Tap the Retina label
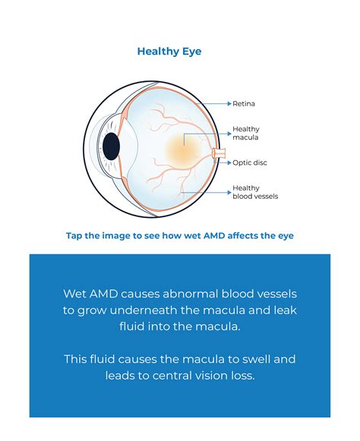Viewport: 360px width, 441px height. pyautogui.click(x=243, y=102)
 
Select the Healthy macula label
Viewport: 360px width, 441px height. pyautogui.click(x=246, y=134)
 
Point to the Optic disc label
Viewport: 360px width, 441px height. pyautogui.click(x=250, y=162)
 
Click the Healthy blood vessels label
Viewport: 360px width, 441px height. pyautogui.click(x=255, y=191)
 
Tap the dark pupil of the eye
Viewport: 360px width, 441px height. pyautogui.click(x=112, y=146)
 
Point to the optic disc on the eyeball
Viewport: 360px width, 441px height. pyautogui.click(x=219, y=154)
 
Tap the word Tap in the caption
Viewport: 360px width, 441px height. pyautogui.click(x=75, y=235)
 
